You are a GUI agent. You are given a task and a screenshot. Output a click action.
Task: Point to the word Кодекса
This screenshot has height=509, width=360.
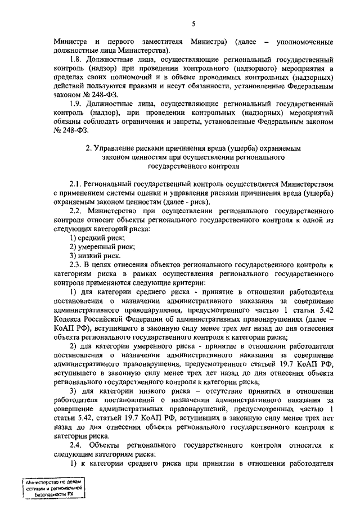click(x=69, y=319)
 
